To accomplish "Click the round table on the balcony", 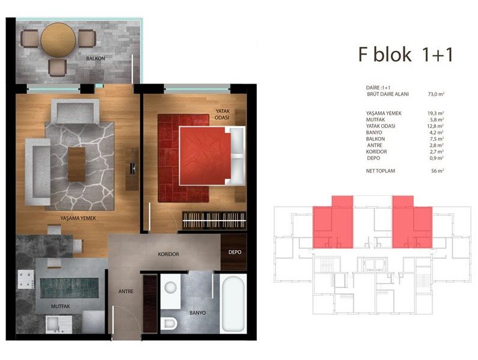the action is tap(58, 40).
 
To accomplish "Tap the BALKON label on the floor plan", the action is tap(96, 58).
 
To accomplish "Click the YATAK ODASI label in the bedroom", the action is tap(222, 114).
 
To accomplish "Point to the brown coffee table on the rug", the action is tap(76, 164).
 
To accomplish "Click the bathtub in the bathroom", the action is tap(233, 304).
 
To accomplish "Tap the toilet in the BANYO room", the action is tap(168, 323).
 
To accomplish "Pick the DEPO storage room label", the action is tap(234, 252).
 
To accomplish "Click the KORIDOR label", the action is tap(168, 254).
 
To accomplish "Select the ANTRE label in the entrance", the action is tap(126, 291).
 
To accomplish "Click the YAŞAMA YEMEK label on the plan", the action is tap(78, 218).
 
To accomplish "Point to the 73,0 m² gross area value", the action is tap(436, 94).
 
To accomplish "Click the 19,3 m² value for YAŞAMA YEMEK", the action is tap(435, 114).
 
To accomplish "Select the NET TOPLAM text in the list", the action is tap(381, 171).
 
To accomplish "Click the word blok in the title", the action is tap(393, 55).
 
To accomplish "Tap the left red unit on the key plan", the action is tap(333, 222).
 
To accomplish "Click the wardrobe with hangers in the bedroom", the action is tap(214, 220).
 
